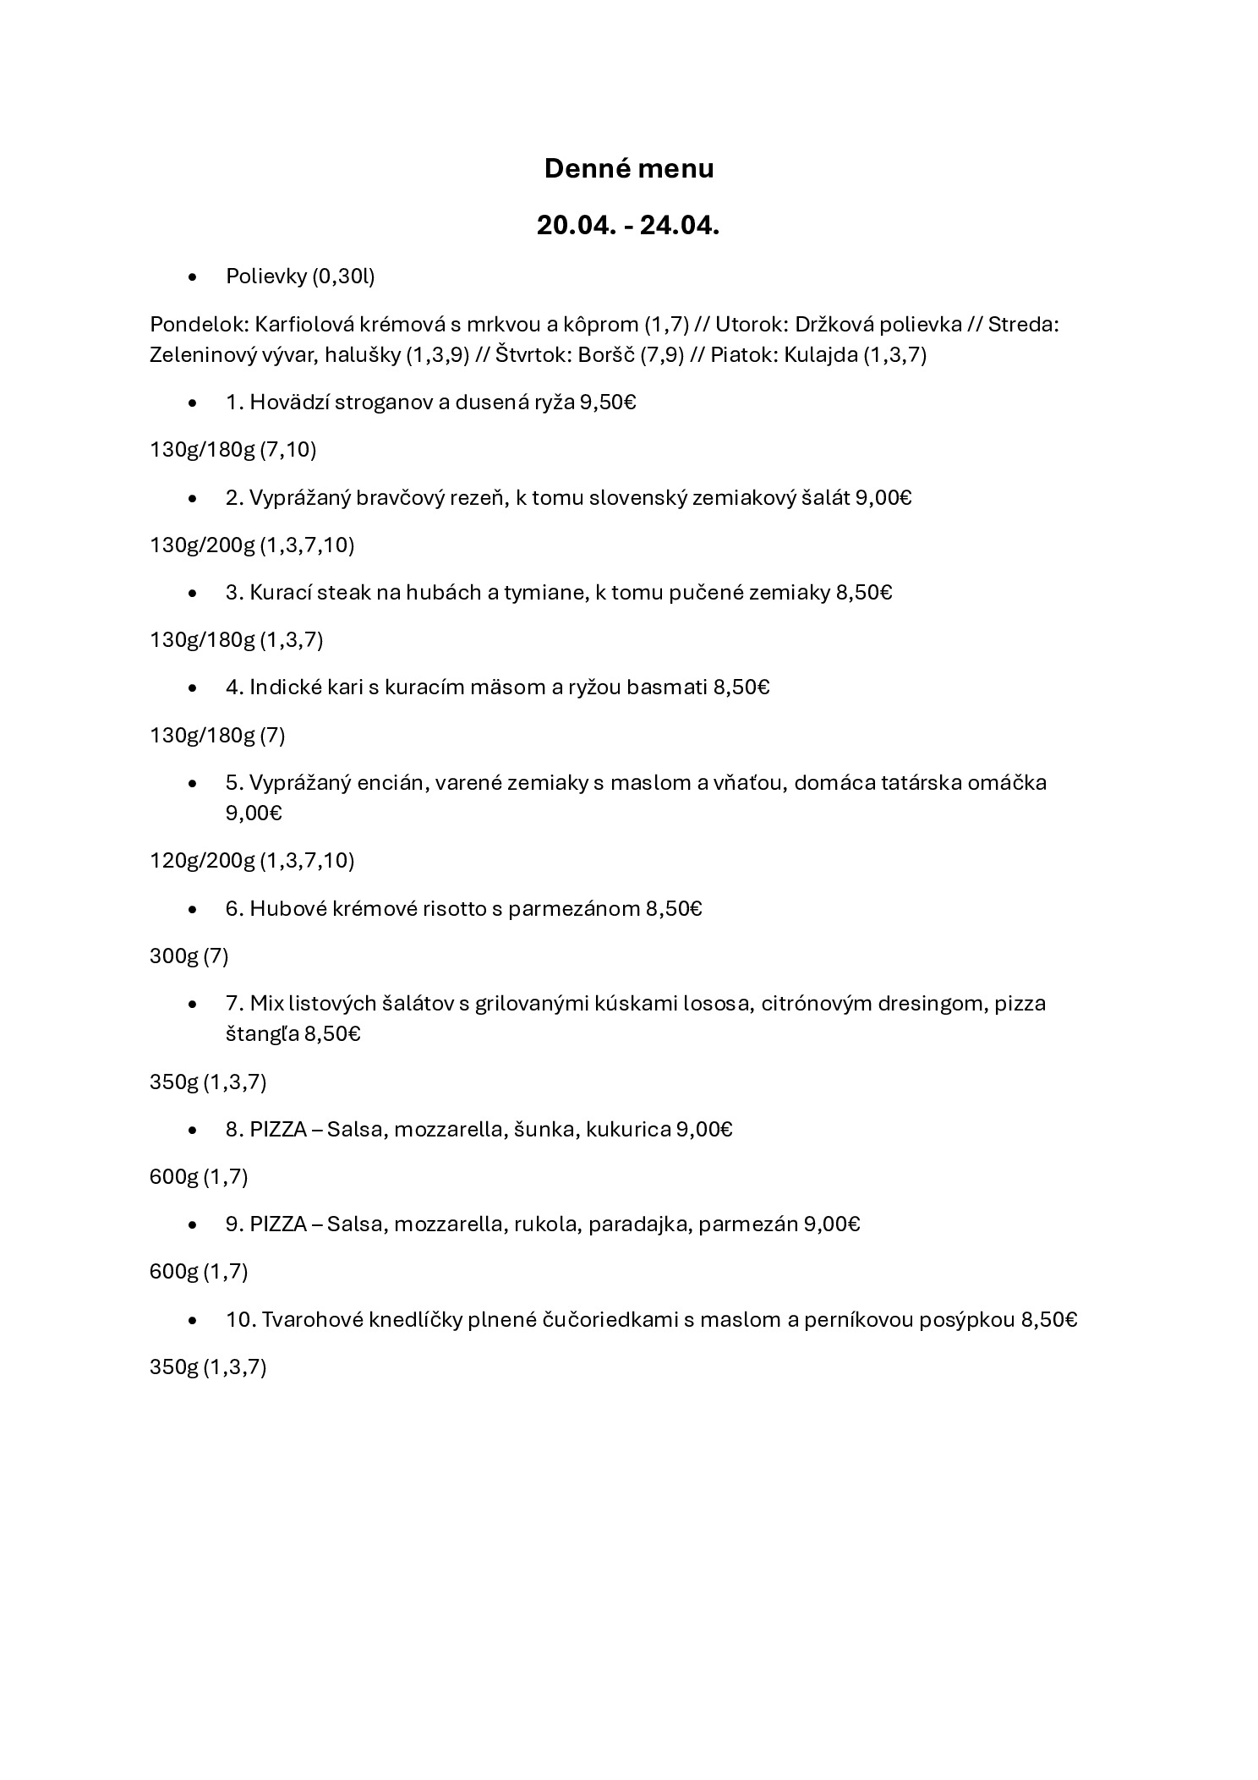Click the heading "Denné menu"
[x=628, y=168]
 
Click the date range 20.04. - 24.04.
[x=628, y=226]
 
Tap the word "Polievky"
[x=265, y=277]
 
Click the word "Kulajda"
[x=820, y=354]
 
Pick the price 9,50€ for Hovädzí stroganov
[x=607, y=403]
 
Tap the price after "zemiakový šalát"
[x=883, y=497]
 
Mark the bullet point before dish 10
[x=194, y=1320]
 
